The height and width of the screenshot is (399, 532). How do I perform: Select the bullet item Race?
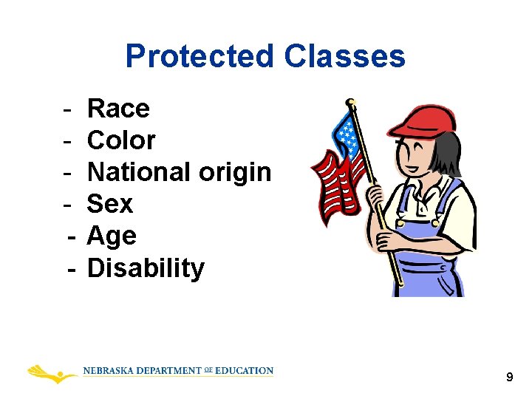point(118,109)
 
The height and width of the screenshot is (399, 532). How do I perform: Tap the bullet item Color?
point(121,140)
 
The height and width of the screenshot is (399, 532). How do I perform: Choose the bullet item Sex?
point(110,204)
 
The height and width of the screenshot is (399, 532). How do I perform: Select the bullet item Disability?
point(146,268)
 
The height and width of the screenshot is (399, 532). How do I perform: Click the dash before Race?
point(67,109)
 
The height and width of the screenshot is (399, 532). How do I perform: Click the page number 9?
point(509,378)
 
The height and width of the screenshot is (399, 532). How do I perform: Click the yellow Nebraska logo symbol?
point(52,372)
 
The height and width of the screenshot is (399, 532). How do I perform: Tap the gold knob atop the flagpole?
point(351,101)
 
